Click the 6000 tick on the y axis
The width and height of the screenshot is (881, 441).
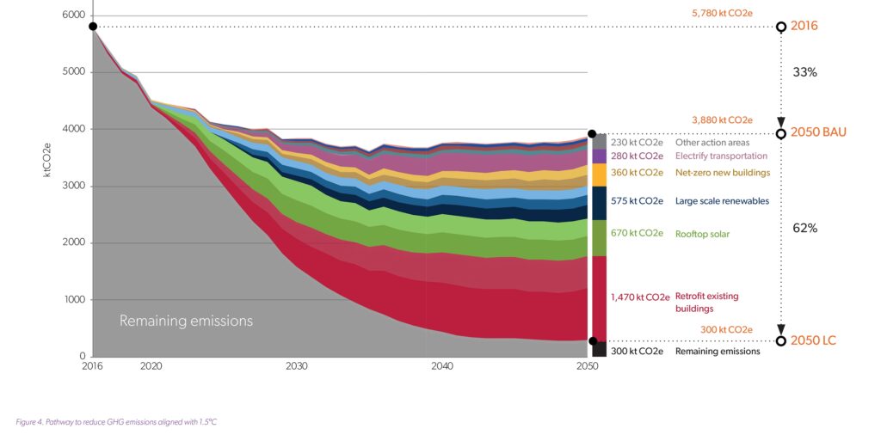point(74,15)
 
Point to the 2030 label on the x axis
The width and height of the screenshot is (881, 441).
point(297,366)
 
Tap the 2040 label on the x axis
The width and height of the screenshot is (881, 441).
point(442,366)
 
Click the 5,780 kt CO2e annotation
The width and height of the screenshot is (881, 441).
point(722,14)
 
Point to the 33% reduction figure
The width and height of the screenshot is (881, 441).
point(804,72)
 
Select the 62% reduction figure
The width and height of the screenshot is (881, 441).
point(804,229)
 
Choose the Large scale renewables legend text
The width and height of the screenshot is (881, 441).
point(720,201)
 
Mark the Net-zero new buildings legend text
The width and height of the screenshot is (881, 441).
point(723,173)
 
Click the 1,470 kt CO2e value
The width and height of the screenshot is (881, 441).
point(640,297)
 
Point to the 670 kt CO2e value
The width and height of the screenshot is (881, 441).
point(638,233)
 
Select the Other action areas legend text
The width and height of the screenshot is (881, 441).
point(712,143)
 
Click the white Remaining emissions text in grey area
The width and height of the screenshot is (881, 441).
point(186,321)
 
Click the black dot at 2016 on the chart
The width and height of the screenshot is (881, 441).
point(93,27)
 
